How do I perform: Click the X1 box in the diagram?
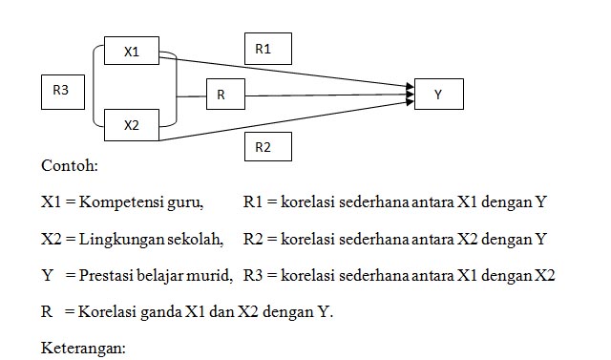click(132, 52)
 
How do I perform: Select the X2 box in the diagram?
click(132, 125)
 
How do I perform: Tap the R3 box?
click(61, 92)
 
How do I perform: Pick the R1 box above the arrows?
click(267, 49)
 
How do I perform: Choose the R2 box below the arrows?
click(267, 146)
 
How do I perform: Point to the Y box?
click(438, 95)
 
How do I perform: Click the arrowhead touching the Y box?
click(409, 92)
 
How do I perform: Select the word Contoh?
click(69, 166)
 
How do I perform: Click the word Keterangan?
click(83, 349)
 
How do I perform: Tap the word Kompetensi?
click(120, 202)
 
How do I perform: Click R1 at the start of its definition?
click(253, 202)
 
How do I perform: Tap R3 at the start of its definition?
click(253, 276)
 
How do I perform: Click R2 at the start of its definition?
click(253, 239)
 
